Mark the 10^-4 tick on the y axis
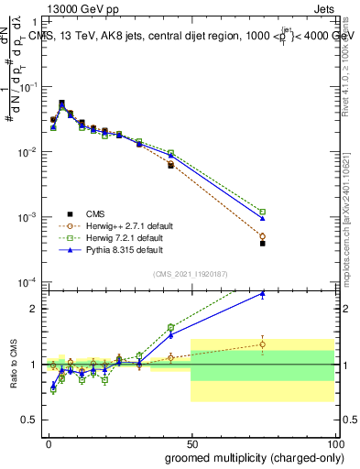tap(27, 282)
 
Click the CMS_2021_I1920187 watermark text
tap(191, 274)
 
